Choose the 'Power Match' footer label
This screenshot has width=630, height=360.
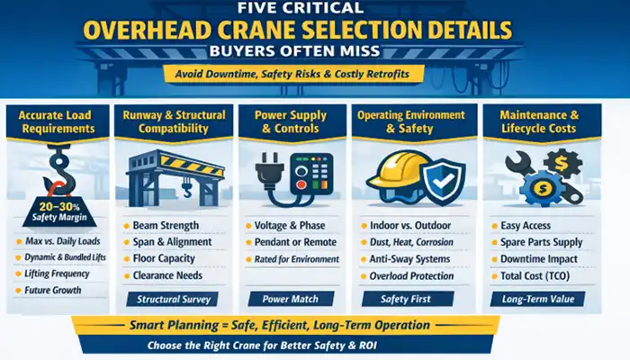[x=290, y=299]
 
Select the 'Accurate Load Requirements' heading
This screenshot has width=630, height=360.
[x=55, y=121]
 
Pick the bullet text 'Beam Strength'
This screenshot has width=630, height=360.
[x=167, y=224]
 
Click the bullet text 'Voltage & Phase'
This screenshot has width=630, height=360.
[x=289, y=224]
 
